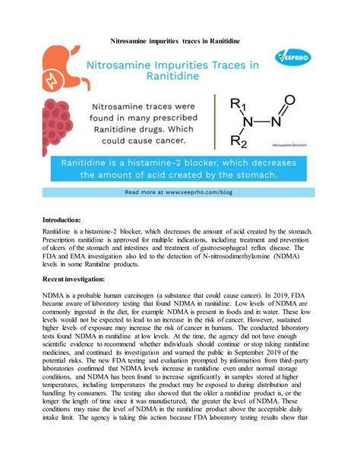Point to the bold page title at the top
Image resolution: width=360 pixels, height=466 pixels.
tap(180, 36)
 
